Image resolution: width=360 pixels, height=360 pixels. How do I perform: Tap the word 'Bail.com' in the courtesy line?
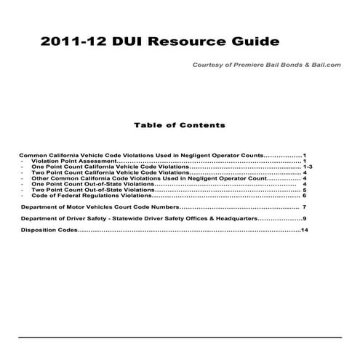tap(325, 65)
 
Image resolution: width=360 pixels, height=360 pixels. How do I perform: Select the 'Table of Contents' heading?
tap(180, 125)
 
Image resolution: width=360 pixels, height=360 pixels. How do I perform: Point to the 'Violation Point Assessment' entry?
tap(73, 161)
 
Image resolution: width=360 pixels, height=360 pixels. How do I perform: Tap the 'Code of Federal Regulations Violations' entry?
tap(92, 196)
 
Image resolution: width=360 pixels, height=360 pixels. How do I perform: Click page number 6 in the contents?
tap(305, 196)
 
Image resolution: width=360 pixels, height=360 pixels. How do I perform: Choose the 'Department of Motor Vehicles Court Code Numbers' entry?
tap(95, 207)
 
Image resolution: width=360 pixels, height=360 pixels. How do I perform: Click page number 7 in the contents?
tap(305, 207)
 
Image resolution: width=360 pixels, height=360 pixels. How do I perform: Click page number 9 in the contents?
tap(305, 219)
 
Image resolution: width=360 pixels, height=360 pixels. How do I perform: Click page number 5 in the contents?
tap(305, 190)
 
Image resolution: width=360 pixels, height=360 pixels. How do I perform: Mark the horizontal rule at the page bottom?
tap(180, 337)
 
